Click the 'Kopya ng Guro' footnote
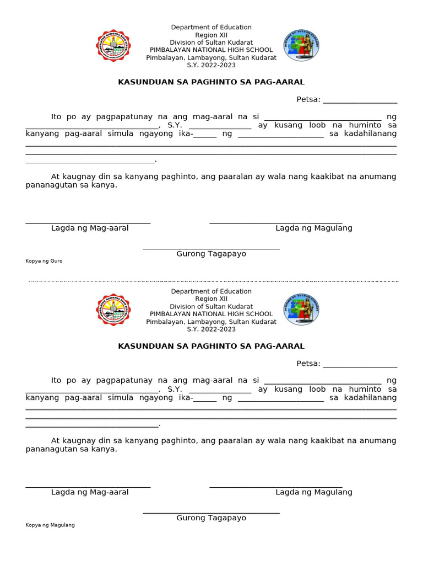pos(44,261)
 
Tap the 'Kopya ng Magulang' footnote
pos(50,525)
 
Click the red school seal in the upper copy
pos(114,46)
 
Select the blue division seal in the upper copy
pos(301,45)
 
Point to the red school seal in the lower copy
pos(114,310)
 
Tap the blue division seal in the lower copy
pos(301,310)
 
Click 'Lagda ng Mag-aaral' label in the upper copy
pos(90,228)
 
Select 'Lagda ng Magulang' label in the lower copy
pos(314,492)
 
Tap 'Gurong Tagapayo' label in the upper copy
pos(211,254)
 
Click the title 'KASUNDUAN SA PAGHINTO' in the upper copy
pos(211,82)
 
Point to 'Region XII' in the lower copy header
pos(211,299)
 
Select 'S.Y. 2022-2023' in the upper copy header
pos(211,65)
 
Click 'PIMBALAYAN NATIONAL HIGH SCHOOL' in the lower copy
pos(211,314)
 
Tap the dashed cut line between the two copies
pos(211,281)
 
